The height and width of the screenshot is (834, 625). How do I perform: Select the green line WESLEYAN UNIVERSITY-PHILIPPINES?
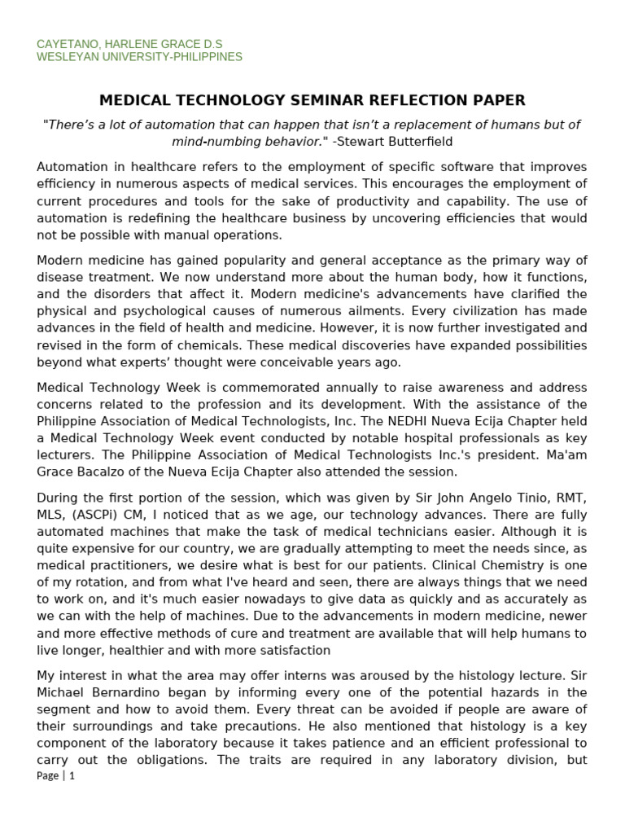[139, 57]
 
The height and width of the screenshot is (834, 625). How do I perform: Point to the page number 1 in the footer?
[72, 775]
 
